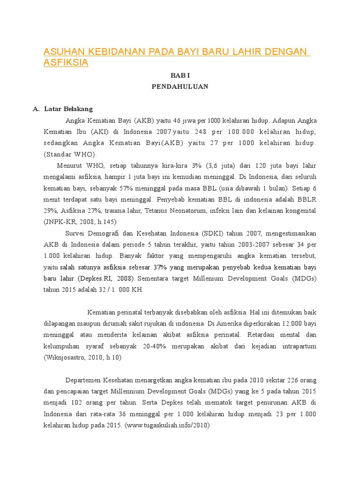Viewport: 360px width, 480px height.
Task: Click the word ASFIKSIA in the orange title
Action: [66, 62]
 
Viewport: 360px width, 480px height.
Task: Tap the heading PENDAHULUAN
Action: [180, 87]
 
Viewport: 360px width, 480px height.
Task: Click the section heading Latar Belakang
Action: [68, 109]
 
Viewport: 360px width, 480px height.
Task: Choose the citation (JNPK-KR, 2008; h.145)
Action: [80, 222]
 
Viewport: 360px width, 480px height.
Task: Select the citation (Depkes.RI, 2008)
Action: [106, 278]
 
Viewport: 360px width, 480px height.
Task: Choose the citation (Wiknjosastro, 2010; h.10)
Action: [82, 358]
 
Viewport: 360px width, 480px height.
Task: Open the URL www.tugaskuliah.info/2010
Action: [167, 426]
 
